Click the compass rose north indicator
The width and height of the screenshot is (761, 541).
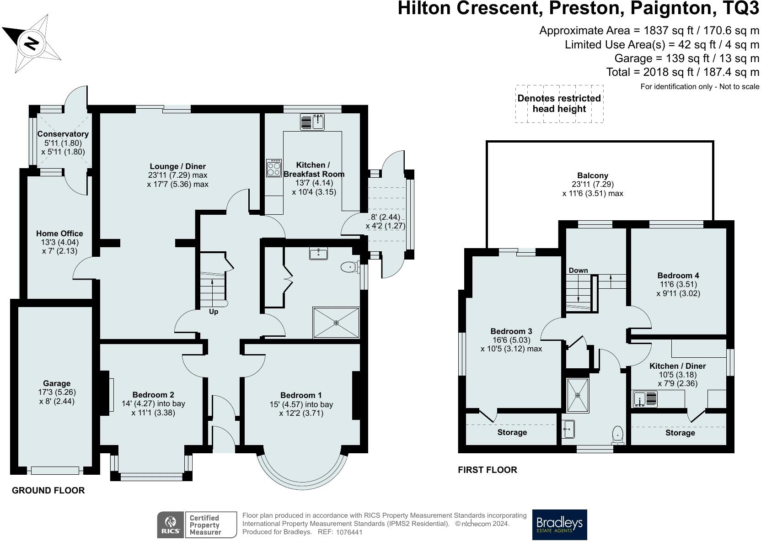click(31, 43)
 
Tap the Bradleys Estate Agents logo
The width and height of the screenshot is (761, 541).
click(559, 525)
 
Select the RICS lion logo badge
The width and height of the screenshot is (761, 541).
click(170, 525)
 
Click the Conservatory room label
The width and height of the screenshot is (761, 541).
click(63, 134)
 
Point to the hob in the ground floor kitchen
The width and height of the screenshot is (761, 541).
click(274, 168)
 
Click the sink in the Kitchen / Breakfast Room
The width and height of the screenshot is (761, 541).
click(312, 122)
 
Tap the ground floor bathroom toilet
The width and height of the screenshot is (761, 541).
click(350, 267)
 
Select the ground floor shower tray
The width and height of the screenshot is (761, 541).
click(336, 323)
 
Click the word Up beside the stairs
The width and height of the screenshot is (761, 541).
click(214, 312)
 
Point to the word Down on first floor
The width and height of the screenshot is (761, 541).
click(578, 270)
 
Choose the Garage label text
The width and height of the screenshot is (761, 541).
click(56, 383)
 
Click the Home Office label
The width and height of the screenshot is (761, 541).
click(59, 233)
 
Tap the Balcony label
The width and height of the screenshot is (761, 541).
click(593, 175)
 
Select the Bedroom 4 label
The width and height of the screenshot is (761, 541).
click(678, 276)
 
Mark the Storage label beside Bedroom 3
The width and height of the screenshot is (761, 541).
click(512, 432)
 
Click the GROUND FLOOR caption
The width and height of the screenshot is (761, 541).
click(48, 490)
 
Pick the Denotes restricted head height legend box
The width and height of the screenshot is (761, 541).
click(559, 104)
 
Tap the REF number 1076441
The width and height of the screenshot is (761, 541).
click(349, 532)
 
